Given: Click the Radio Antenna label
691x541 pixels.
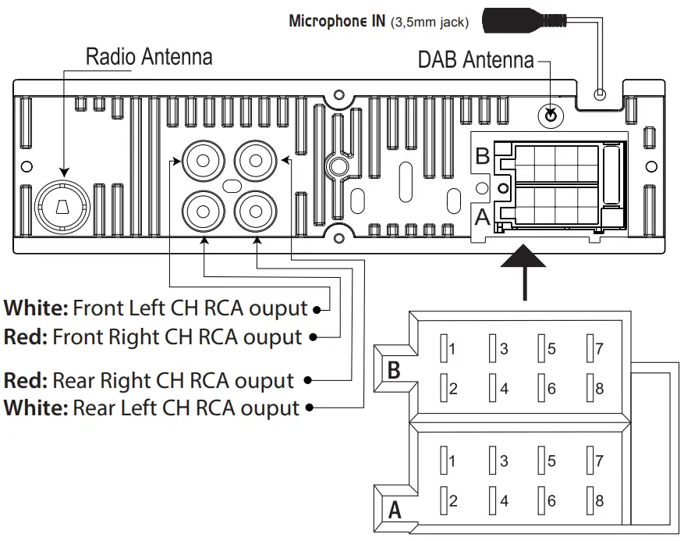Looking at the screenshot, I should [x=148, y=57].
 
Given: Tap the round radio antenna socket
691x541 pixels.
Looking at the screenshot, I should [x=62, y=205].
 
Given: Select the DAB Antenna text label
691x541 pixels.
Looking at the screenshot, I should [x=476, y=60].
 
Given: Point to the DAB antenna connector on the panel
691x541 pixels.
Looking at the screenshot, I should [x=551, y=116].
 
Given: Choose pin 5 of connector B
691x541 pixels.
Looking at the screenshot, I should [x=544, y=349].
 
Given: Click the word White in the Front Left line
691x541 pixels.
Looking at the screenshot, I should [x=36, y=308].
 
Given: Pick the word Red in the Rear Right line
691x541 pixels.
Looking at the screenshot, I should [x=25, y=381].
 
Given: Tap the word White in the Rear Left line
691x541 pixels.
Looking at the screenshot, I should [x=36, y=408].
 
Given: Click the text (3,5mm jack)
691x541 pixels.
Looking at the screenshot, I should [x=431, y=22].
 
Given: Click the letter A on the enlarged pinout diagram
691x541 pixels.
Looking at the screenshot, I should [x=395, y=511].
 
